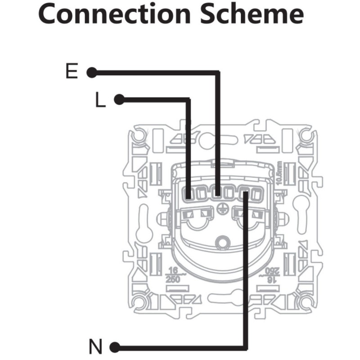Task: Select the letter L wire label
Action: coord(100,100)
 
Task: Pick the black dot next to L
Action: coord(119,99)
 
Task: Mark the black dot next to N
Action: coord(115,347)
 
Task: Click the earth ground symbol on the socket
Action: coord(221,207)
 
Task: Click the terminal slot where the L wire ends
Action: coord(188,194)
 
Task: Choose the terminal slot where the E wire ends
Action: coord(218,194)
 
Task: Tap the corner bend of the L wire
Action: coord(188,100)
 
